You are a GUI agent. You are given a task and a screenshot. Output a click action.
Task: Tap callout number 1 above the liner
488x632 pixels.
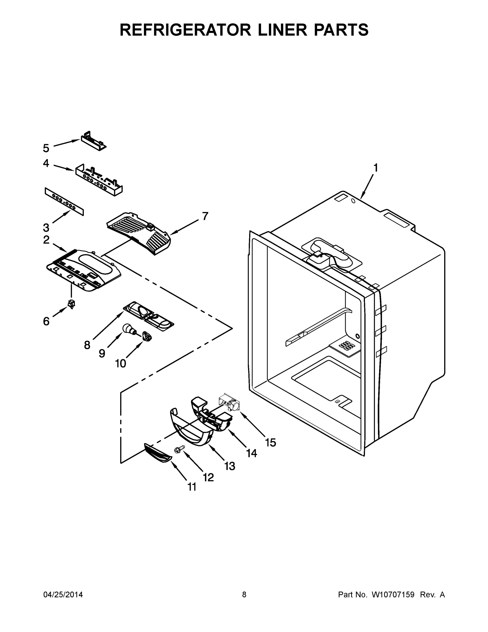(375, 168)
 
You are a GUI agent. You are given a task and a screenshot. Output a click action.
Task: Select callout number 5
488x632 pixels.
(46, 148)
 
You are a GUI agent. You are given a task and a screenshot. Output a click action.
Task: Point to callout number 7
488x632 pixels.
(205, 216)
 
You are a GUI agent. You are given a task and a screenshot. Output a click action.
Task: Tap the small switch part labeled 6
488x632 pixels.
(71, 304)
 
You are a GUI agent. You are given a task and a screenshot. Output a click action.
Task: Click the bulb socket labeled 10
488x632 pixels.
(147, 337)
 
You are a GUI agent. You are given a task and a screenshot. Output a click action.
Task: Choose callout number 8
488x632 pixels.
(87, 345)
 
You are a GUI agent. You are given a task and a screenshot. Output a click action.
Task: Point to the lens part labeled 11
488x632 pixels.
(158, 453)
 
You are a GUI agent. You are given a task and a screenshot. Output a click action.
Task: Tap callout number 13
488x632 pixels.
(230, 466)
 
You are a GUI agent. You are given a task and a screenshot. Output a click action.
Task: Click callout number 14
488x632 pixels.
(251, 453)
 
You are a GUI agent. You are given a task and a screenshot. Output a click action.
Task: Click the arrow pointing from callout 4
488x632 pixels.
(64, 167)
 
